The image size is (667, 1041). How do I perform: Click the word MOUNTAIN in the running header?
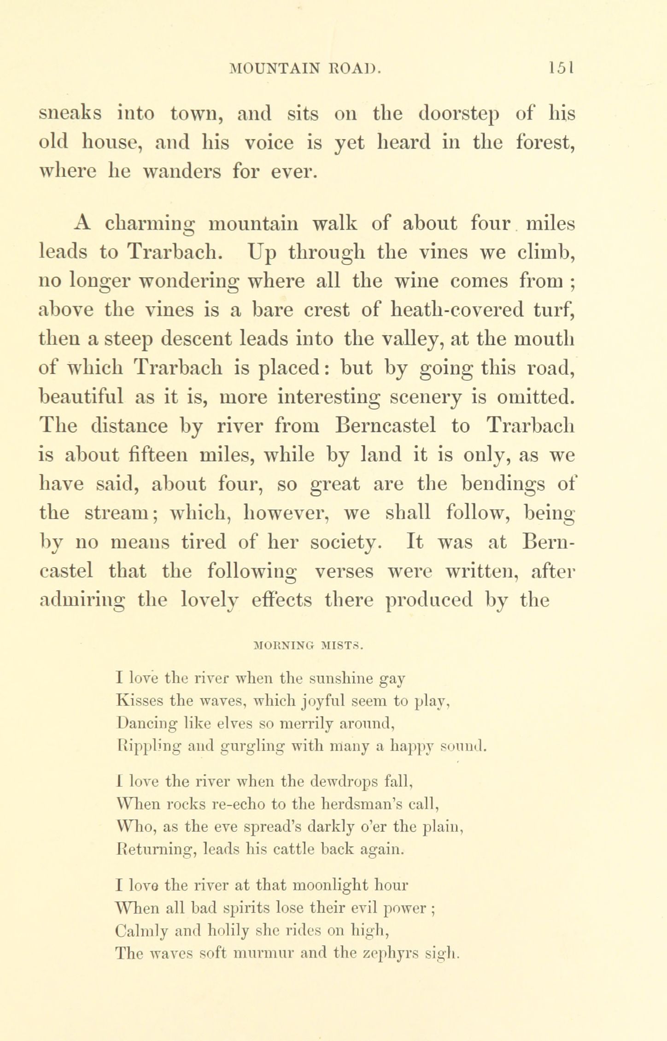pos(275,69)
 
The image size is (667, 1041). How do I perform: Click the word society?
pos(345,542)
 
